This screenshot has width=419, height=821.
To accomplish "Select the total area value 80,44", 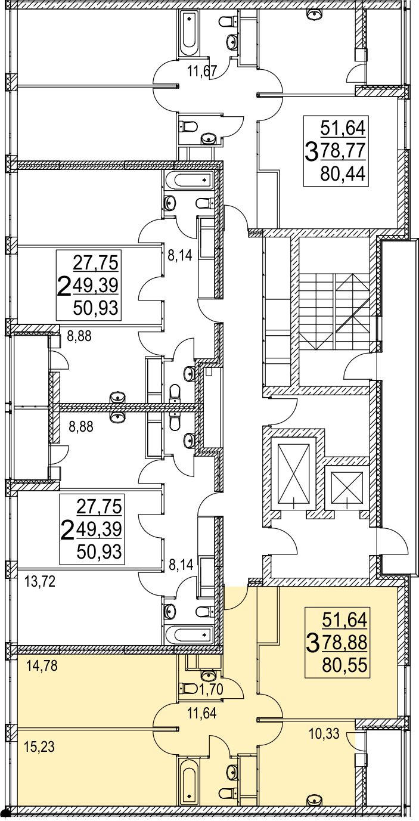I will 343,174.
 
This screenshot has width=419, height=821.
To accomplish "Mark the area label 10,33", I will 325,735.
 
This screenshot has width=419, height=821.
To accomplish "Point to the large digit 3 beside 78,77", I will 312,153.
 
